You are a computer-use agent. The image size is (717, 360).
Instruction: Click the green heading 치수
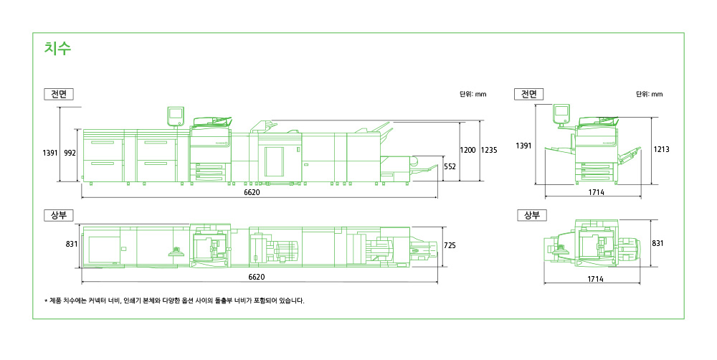pos(57,48)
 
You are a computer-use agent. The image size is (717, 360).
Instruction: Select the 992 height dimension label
pos(70,153)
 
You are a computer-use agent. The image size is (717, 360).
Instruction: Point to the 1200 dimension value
pos(467,150)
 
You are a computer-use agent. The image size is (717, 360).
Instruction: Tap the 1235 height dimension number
pos(489,150)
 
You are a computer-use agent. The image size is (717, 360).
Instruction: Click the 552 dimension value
pos(450,167)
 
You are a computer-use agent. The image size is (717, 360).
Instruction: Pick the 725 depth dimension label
pos(450,246)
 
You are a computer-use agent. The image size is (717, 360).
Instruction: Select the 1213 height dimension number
pos(661,149)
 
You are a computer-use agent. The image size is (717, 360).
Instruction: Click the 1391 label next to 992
pos(50,153)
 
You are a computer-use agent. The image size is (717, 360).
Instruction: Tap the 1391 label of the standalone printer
pos(523,146)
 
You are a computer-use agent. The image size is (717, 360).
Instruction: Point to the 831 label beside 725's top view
pos(72,245)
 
